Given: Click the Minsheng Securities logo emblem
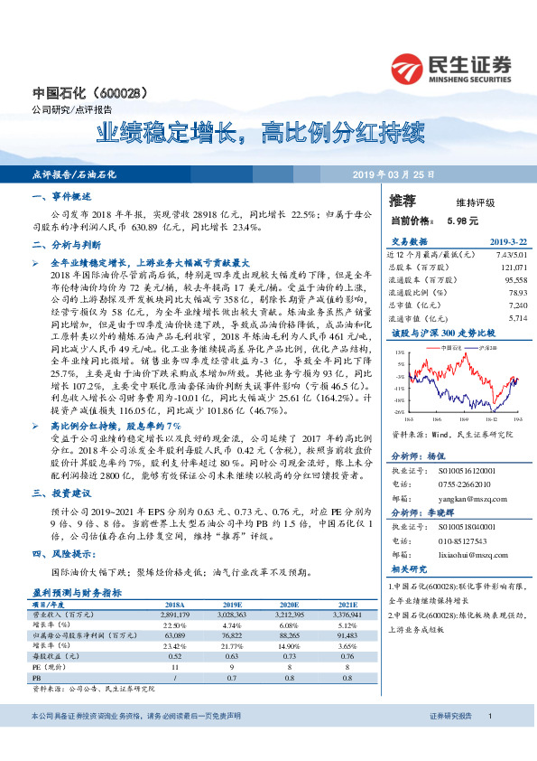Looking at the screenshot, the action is click(409, 68).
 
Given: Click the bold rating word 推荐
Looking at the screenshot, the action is click(403, 200).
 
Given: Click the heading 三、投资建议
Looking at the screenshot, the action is click(61, 493).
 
